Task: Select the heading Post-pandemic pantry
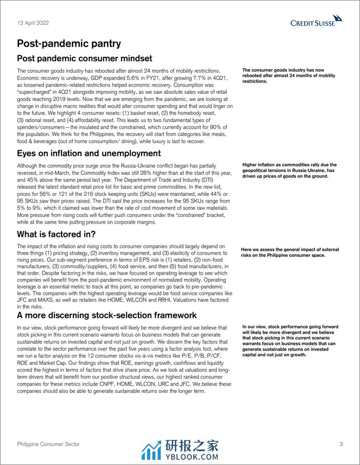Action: (x=69, y=44)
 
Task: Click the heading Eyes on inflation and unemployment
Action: (x=89, y=153)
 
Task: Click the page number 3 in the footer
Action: (x=341, y=444)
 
